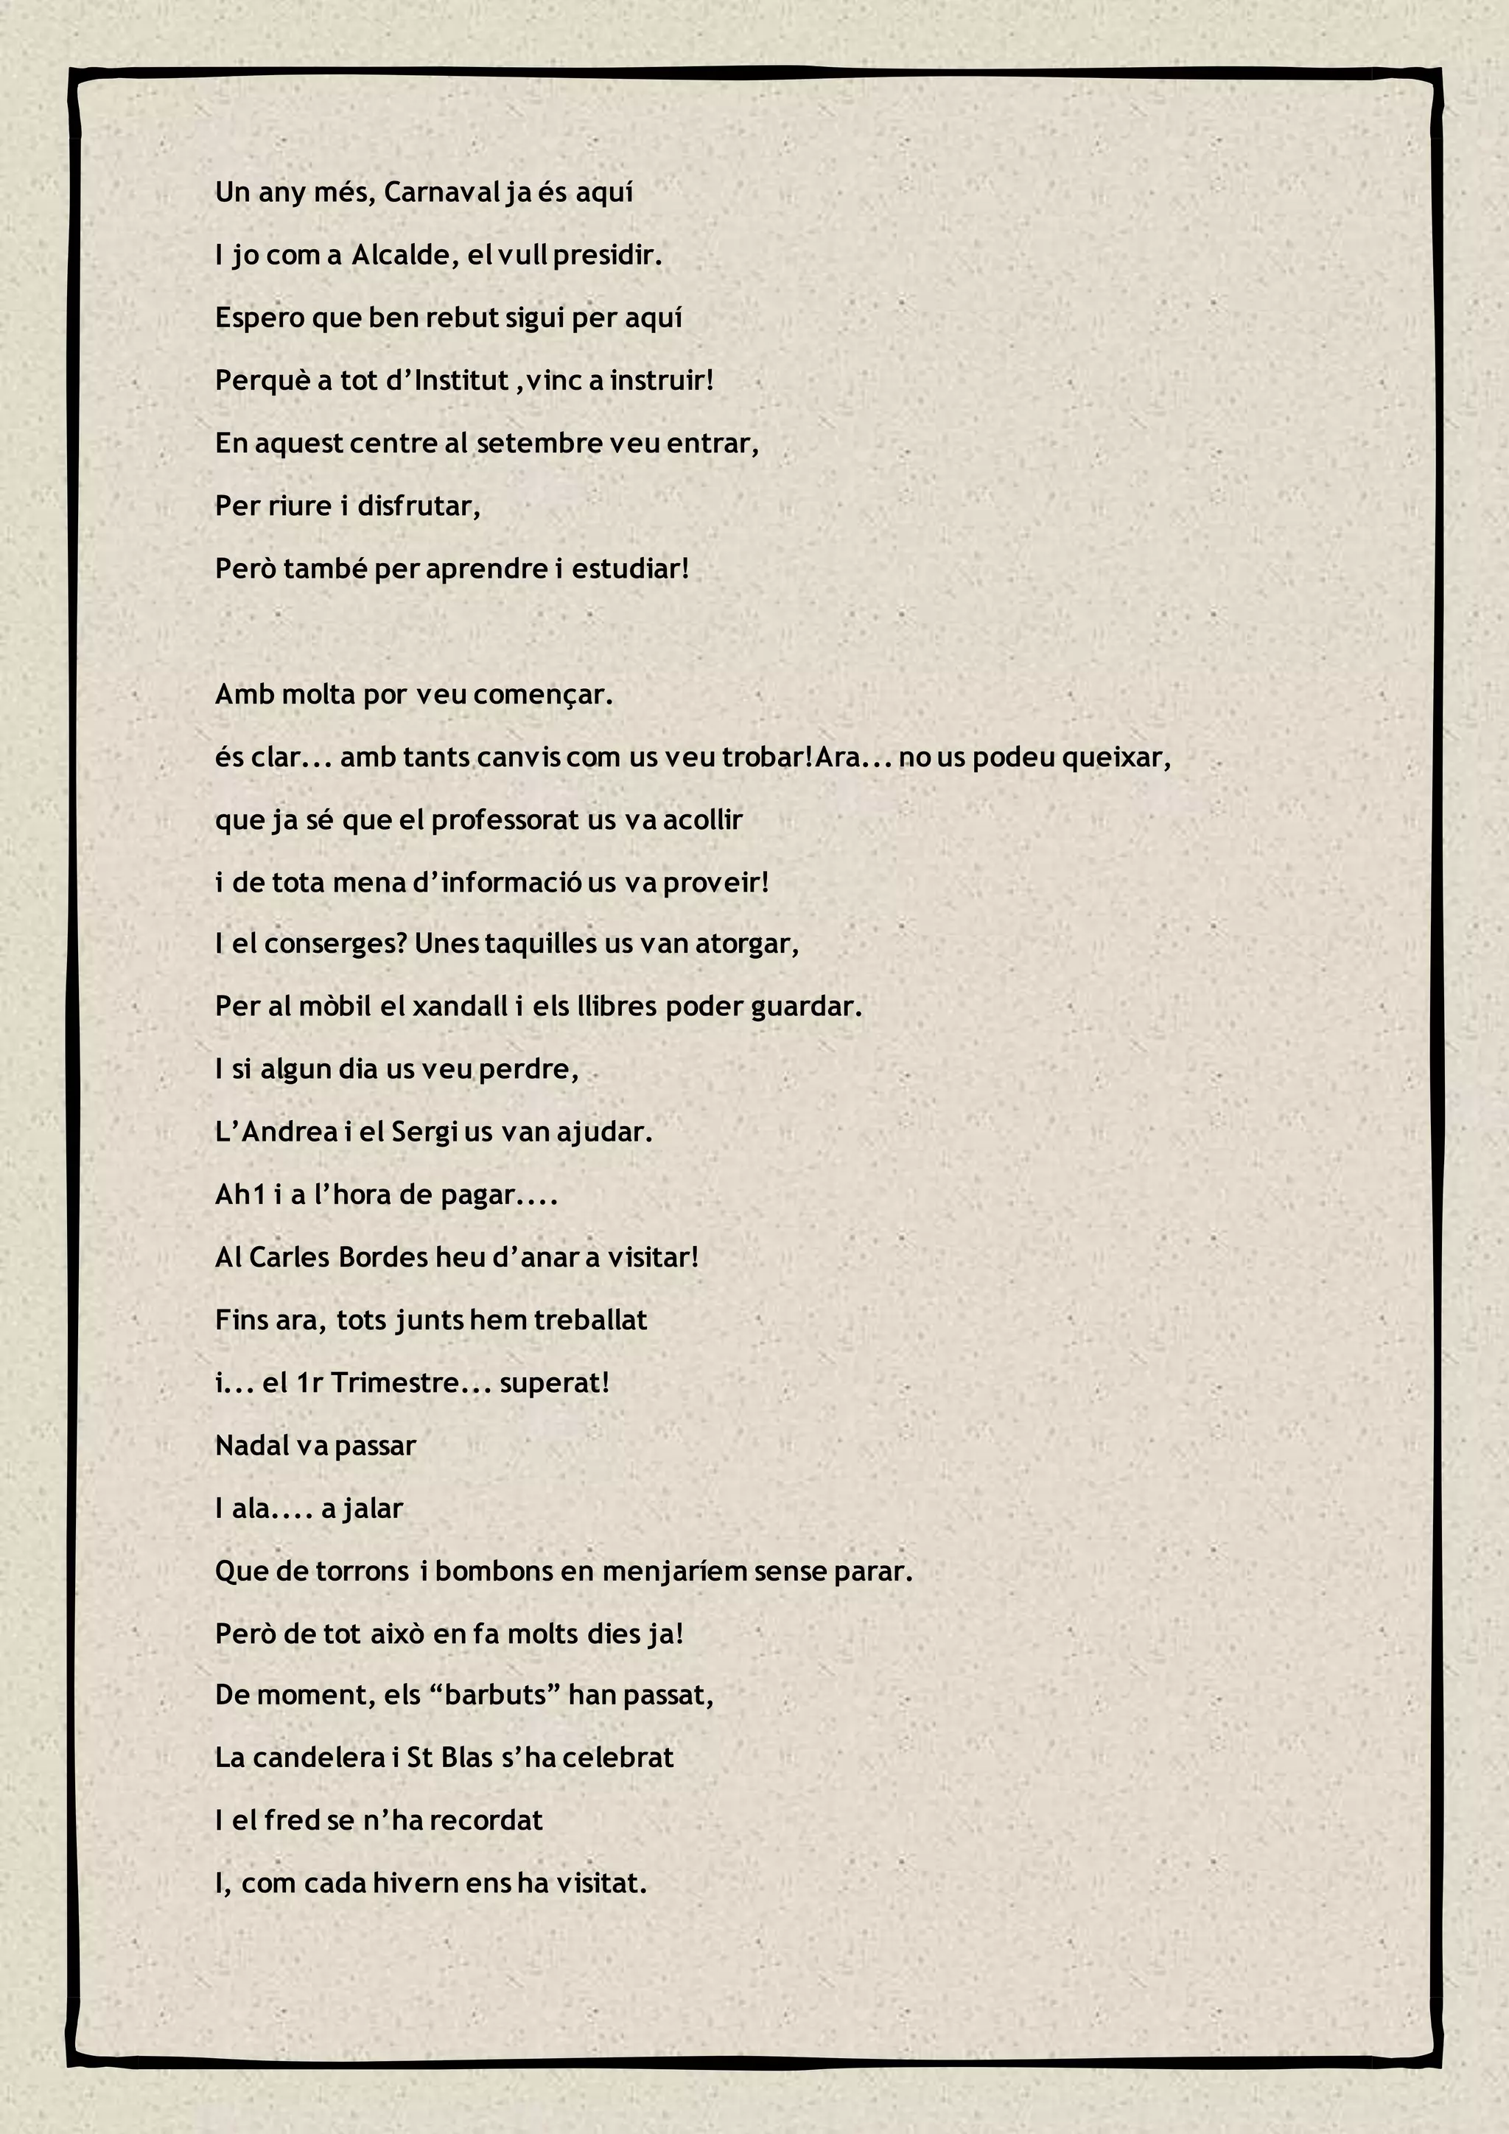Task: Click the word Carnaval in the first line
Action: [x=442, y=192]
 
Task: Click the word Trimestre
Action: [x=395, y=1383]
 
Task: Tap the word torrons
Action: [x=363, y=1572]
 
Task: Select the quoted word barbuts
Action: [x=494, y=1696]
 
